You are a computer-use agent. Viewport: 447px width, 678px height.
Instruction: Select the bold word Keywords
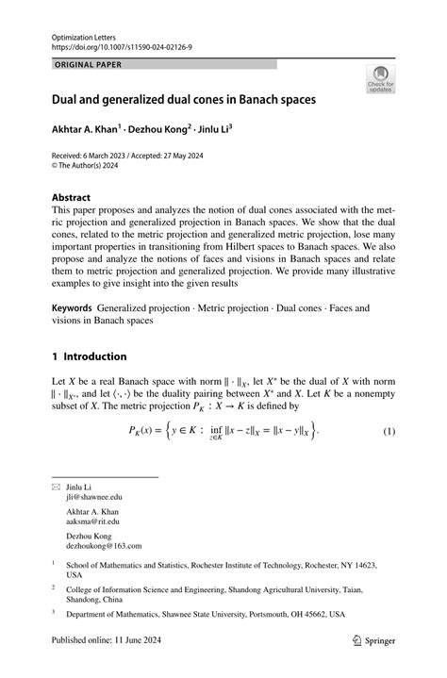pos(72,307)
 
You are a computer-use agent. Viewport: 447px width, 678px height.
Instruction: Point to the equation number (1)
pos(388,431)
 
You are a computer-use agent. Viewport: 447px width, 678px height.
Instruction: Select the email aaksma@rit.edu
pos(92,521)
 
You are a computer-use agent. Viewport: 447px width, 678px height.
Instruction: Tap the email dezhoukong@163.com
pos(104,545)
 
